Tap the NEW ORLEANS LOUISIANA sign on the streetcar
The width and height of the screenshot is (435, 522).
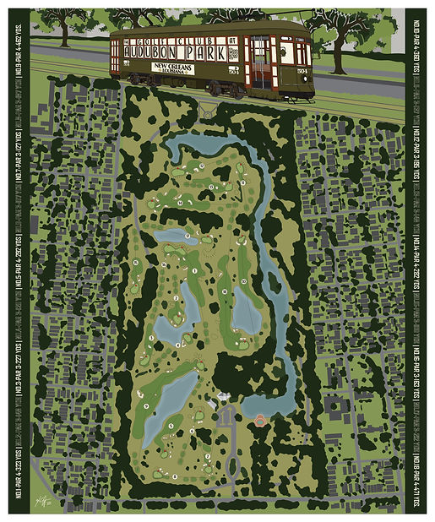[175, 68]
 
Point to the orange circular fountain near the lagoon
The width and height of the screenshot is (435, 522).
[260, 420]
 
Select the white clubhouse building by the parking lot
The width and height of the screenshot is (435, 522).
[222, 398]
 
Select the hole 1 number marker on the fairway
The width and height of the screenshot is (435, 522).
[195, 271]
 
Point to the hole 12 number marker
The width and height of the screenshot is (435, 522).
[210, 185]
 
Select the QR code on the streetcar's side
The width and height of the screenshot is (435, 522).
[235, 50]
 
